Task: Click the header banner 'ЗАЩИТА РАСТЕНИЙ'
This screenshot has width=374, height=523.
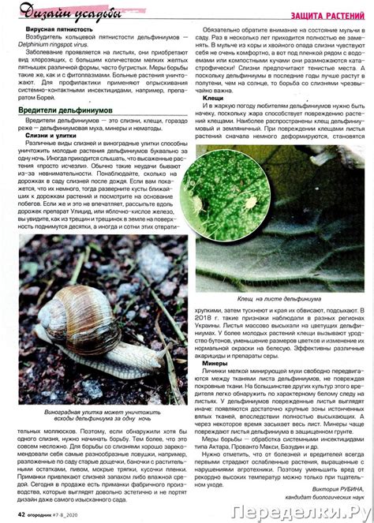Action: point(327,15)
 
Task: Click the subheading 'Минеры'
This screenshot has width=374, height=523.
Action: point(215,363)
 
